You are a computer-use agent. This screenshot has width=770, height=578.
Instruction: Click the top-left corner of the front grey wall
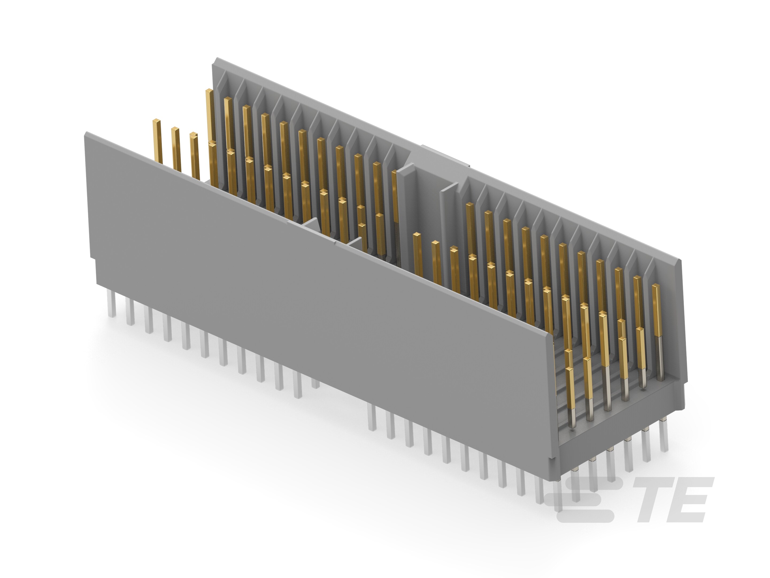coord(86,133)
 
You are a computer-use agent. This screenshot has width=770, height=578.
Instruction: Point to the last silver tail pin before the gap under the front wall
coord(315,383)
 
